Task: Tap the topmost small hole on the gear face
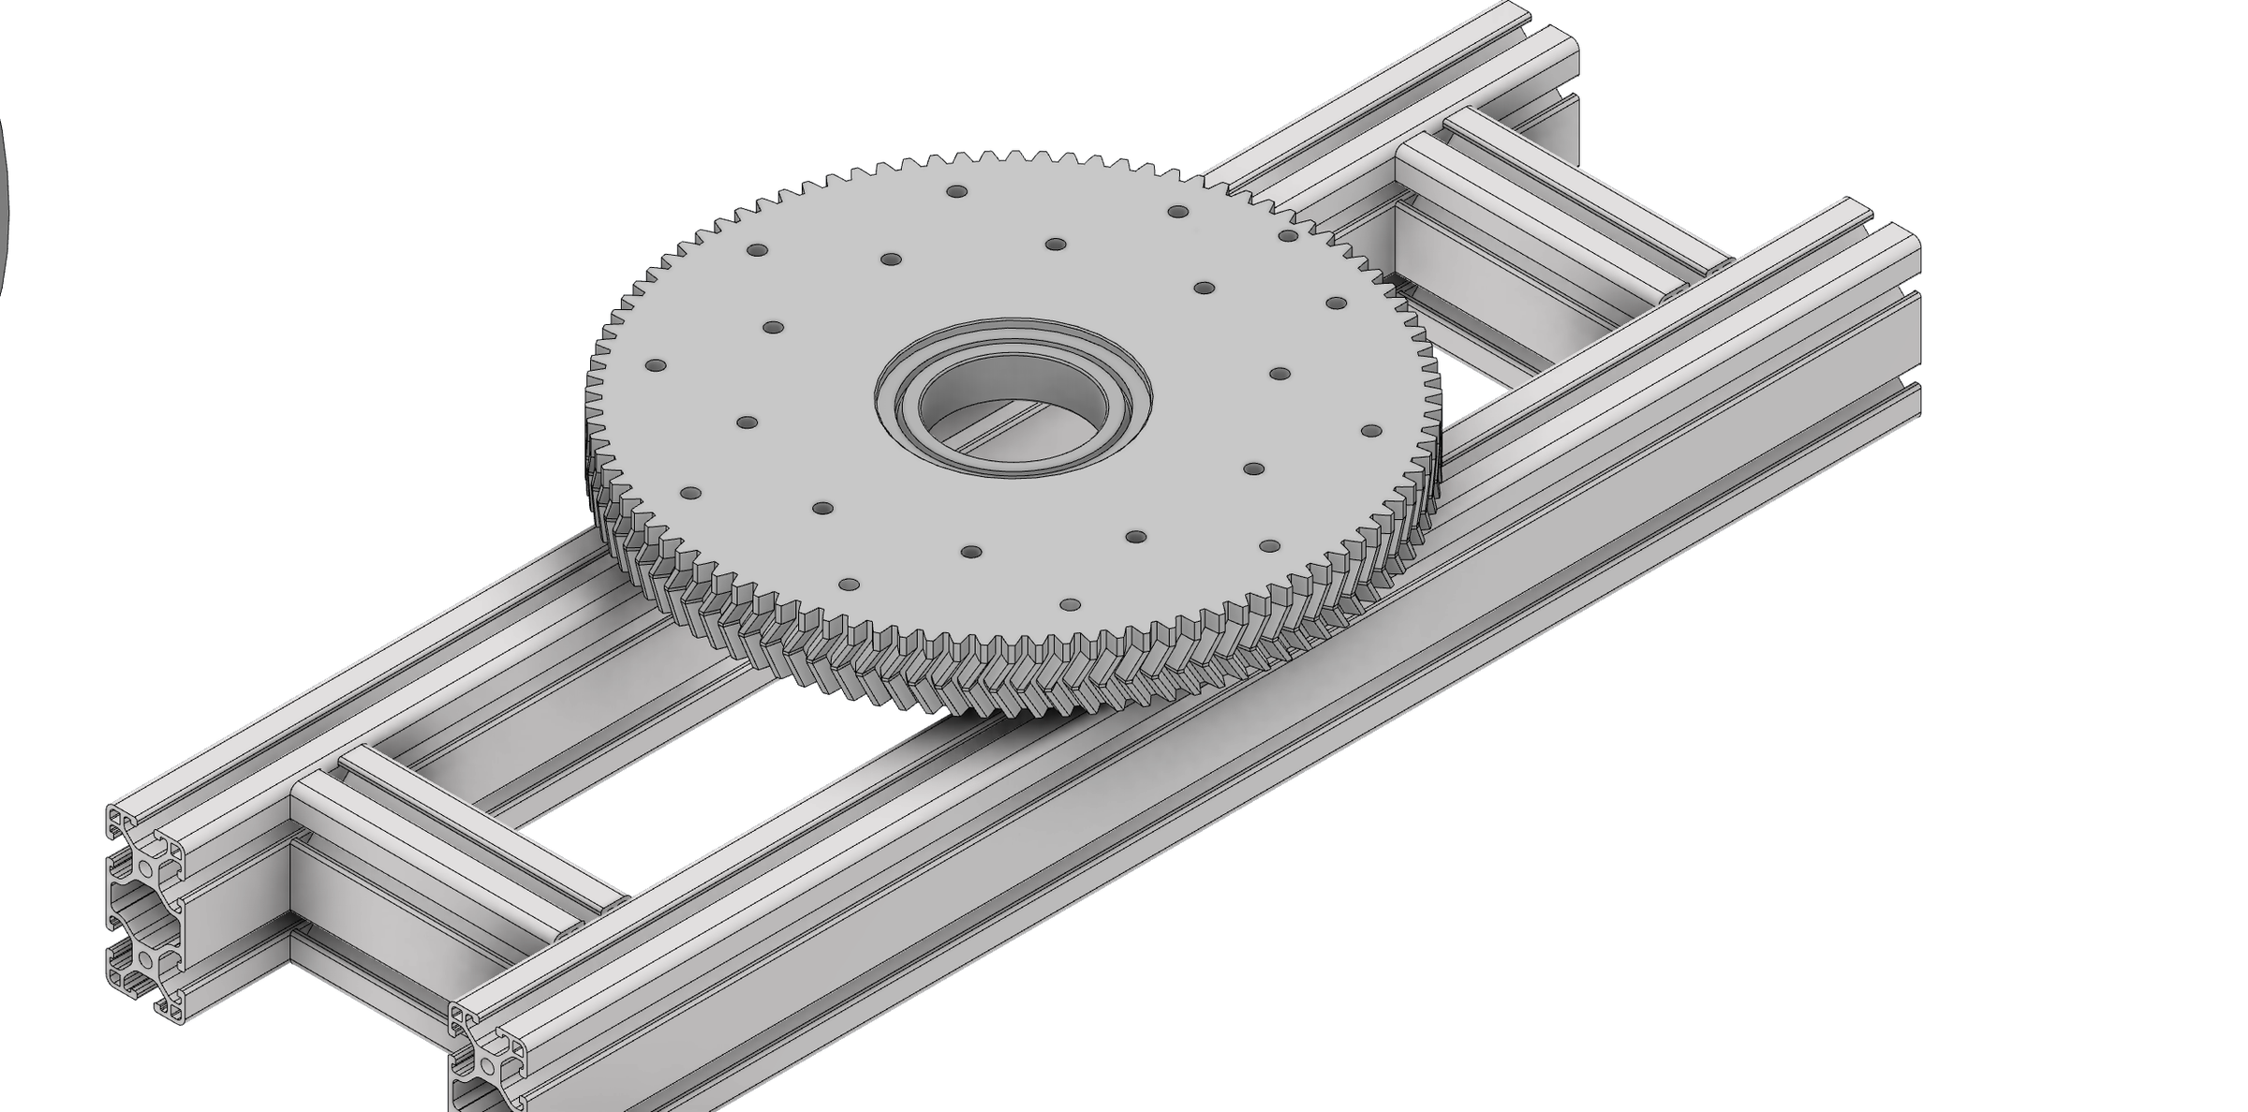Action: [956, 191]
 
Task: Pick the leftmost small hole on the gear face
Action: [656, 364]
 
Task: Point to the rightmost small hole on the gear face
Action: [1370, 431]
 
